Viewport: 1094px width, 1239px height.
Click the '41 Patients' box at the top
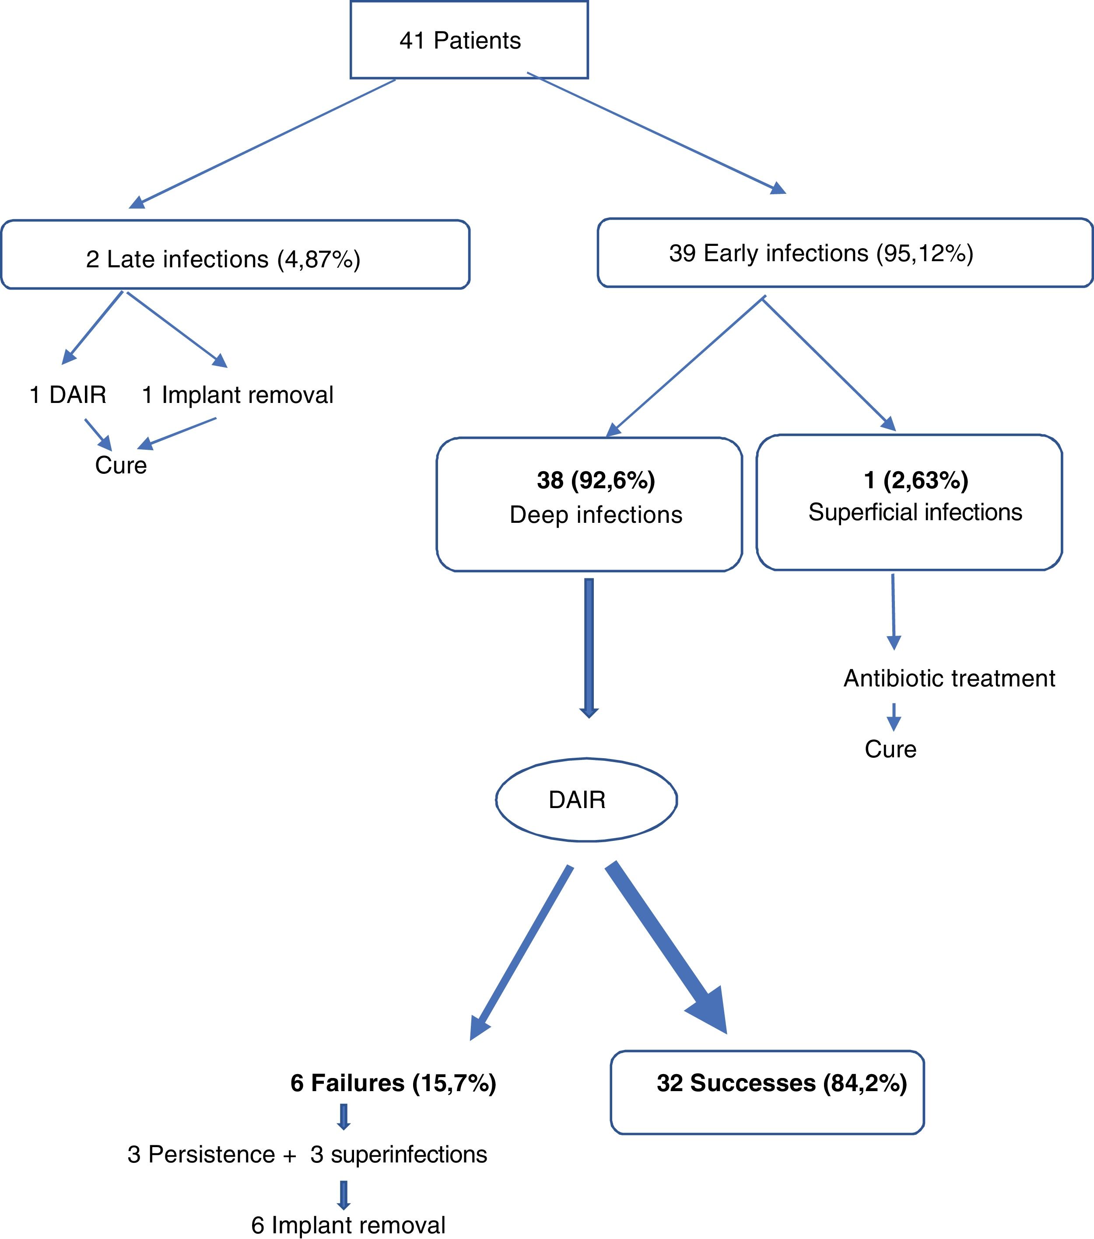tap(469, 39)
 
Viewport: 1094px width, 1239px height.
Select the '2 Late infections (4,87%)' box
tap(235, 255)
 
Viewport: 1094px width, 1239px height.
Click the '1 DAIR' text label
tap(68, 395)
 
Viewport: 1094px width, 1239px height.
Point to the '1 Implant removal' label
tap(238, 395)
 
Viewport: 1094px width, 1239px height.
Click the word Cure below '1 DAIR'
tap(121, 465)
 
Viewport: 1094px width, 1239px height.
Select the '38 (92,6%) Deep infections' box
tap(589, 504)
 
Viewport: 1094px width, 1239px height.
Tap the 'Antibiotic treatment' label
tap(950, 678)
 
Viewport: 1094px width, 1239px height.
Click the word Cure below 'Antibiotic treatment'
tap(890, 749)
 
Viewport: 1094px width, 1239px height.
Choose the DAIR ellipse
tap(586, 799)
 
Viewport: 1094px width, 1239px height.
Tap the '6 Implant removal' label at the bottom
tap(349, 1225)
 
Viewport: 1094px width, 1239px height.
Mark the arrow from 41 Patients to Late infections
tap(262, 143)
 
